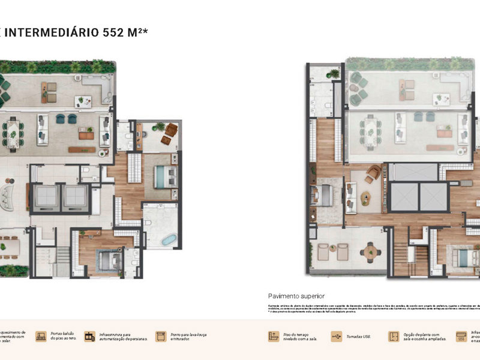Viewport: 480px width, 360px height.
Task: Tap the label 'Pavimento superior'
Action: pos(296,296)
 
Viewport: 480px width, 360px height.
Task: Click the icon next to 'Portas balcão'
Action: pos(41,337)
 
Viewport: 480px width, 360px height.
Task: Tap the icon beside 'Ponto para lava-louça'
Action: pos(160,337)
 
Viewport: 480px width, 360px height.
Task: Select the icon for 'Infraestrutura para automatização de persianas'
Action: pos(89,337)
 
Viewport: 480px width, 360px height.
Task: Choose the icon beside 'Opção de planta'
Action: pos(394,337)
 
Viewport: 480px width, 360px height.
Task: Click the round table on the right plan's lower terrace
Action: pos(370,251)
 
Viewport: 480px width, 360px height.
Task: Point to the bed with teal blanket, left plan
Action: pos(164,176)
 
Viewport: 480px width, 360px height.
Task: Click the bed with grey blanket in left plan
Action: pos(108,260)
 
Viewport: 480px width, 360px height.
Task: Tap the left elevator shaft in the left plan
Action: pos(44,197)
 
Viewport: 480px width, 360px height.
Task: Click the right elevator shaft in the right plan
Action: pos(434,197)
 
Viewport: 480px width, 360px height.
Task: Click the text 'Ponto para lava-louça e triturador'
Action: pos(190,337)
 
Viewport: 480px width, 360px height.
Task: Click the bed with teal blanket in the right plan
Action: pos(465,257)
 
